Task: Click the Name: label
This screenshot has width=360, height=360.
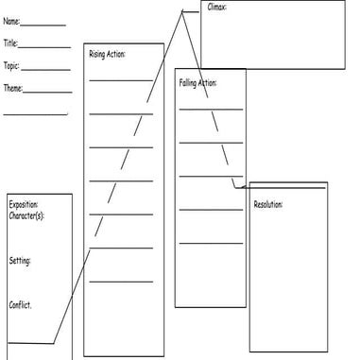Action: tap(11, 21)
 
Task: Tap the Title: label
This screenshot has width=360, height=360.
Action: tap(10, 43)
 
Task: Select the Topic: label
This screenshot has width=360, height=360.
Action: tap(11, 66)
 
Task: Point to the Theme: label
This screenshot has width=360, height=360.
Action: tap(13, 89)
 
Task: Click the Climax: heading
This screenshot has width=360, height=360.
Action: tap(216, 7)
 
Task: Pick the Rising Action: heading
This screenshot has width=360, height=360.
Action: tap(107, 54)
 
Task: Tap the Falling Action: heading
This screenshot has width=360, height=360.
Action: tap(197, 83)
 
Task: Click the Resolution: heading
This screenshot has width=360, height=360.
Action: tap(268, 204)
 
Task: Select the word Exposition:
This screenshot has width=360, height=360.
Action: tap(25, 205)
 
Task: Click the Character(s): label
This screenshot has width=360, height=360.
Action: tap(26, 215)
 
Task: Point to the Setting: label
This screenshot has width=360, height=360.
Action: tap(20, 260)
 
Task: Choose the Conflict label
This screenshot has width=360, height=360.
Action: tap(21, 304)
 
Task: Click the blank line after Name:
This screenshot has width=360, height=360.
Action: tap(43, 25)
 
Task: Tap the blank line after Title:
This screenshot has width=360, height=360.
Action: tap(44, 47)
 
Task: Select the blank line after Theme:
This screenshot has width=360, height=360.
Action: tap(49, 93)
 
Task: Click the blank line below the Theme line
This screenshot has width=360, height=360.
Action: tap(35, 114)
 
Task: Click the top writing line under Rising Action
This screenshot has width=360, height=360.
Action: tap(121, 80)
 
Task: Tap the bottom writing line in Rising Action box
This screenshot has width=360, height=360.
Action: tap(121, 281)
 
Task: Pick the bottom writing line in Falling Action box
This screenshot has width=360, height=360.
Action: tap(211, 243)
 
